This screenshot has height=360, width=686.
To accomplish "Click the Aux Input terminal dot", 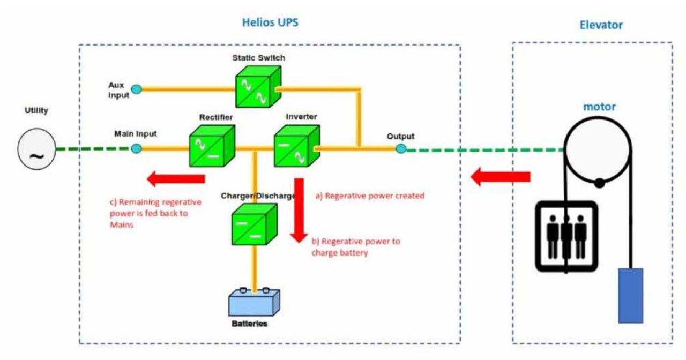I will tap(137, 89).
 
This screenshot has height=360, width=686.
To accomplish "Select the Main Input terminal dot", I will tap(137, 149).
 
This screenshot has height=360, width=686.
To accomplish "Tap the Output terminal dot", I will tap(400, 149).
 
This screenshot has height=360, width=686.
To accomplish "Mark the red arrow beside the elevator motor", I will tap(500, 177).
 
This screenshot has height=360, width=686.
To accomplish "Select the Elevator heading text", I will tap(601, 25).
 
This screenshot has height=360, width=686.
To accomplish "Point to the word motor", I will tap(599, 107).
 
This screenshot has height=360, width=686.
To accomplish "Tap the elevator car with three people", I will tap(566, 236).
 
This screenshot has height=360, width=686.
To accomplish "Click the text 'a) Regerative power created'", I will tap(370, 196).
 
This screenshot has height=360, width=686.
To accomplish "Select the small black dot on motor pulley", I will tap(600, 184).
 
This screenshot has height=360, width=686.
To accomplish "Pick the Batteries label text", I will tap(249, 324).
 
